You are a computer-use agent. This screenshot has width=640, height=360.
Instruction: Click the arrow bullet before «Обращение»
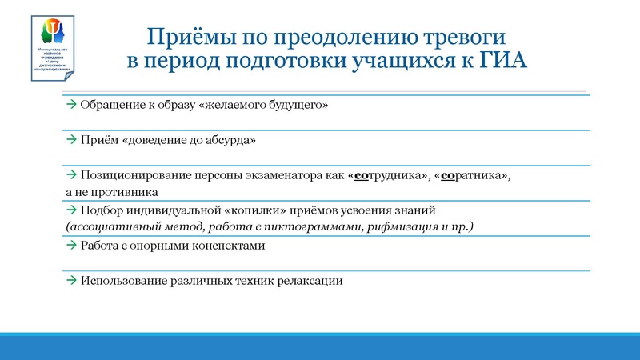coord(71,106)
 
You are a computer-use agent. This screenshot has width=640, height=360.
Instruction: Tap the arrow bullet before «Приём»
coord(71,140)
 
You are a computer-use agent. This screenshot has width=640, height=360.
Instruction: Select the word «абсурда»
coord(231,140)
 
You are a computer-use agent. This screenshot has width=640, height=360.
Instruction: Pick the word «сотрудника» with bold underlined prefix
coord(386,175)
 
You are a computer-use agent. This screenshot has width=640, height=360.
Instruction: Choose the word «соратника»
coord(473,175)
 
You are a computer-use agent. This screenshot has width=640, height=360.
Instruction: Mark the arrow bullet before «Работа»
coord(71,246)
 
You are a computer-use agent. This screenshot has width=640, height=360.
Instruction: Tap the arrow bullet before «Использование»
coord(71,281)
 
